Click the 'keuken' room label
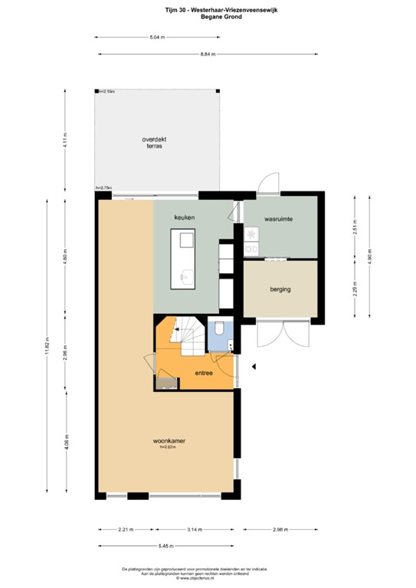point(185,218)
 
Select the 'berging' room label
point(280,289)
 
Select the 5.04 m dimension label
point(156,37)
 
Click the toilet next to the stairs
point(221,330)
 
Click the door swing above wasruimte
point(268,184)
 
